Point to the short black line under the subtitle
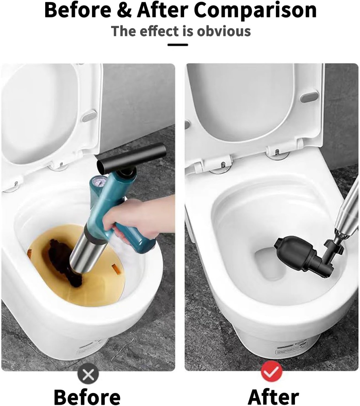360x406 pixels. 178,44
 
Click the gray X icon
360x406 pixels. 88,373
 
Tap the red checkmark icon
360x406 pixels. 271,373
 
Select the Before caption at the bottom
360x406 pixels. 87,396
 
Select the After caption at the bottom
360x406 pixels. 273,396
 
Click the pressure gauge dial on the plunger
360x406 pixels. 101,182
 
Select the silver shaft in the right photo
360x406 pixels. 347,214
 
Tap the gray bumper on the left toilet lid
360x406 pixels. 89,116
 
